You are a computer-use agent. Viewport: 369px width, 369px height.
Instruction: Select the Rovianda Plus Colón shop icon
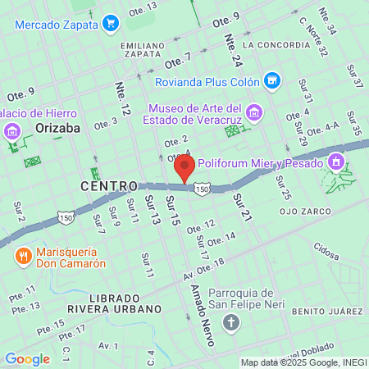(x=272, y=80)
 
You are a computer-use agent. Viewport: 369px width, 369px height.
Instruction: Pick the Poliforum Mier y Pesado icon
(x=335, y=163)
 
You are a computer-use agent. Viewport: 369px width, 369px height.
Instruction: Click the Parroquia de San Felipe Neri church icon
(x=231, y=321)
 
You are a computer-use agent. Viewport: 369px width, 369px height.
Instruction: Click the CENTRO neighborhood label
(x=109, y=188)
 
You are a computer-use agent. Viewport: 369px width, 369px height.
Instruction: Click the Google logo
(x=27, y=359)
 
